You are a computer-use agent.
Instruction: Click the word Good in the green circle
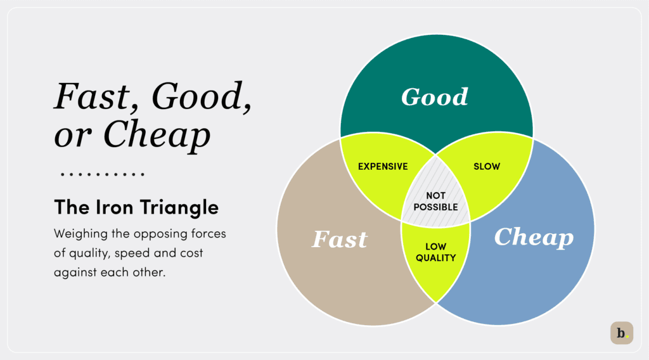[x=435, y=97]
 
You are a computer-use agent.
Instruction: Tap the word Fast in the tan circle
[x=340, y=239]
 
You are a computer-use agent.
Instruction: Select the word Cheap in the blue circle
[x=534, y=237]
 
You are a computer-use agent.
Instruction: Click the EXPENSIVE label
[x=383, y=167]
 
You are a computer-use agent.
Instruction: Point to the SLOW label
[x=487, y=167]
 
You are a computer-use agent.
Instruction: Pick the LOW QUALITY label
[x=436, y=252]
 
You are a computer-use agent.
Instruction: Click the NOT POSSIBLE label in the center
[x=435, y=202]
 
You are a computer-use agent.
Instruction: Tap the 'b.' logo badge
[x=622, y=333]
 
